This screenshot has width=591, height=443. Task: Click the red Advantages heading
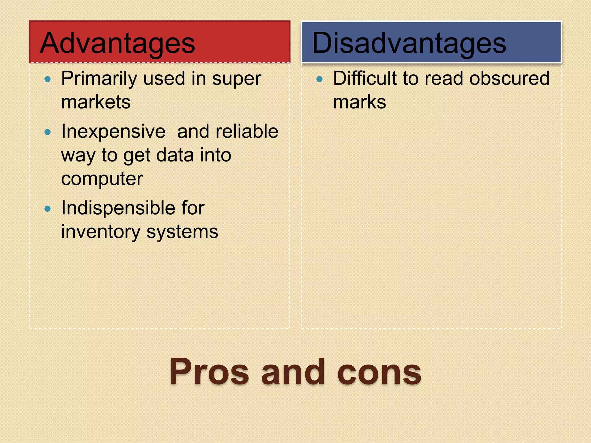coord(117,43)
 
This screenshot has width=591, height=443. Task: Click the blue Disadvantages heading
coord(409,43)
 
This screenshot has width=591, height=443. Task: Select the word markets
coord(96,102)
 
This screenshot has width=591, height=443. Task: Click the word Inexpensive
coord(113,132)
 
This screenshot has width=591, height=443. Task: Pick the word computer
coord(102,179)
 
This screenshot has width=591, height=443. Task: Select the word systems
coord(182,232)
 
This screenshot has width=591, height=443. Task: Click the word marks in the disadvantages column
coord(359,102)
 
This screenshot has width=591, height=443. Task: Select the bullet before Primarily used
coord(48,79)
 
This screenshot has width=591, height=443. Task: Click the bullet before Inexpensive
coord(48,132)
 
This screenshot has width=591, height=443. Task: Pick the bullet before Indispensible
coord(48,209)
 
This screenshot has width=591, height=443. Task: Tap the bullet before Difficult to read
coord(319,79)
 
